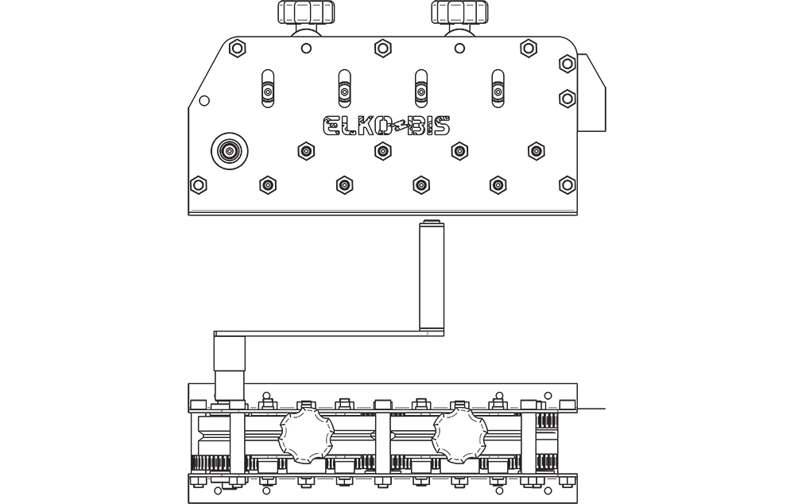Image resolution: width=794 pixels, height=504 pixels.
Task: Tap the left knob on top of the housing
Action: click(x=306, y=12)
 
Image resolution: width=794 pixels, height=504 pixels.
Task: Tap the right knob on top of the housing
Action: click(x=460, y=12)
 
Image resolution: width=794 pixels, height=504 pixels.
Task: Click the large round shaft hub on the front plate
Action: click(x=230, y=151)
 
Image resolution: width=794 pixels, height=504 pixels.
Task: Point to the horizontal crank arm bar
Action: click(x=329, y=334)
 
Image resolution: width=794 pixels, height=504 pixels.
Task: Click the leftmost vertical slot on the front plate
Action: click(x=268, y=88)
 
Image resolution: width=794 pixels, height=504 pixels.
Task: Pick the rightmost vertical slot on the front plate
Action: click(x=498, y=88)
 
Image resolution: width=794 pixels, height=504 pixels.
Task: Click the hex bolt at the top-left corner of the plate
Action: click(x=237, y=48)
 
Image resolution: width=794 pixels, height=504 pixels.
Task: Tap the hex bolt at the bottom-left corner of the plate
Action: click(x=198, y=185)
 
